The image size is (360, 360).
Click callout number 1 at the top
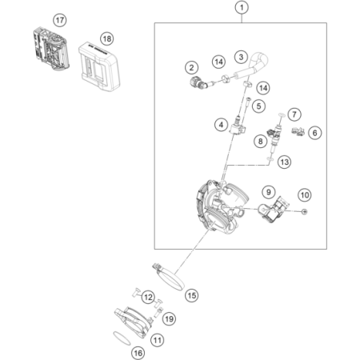(242, 7)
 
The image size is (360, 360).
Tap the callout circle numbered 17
(60, 20)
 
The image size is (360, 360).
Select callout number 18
(107, 39)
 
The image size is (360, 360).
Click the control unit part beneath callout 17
(51, 49)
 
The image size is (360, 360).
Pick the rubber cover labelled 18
(99, 66)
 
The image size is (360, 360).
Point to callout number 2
(191, 67)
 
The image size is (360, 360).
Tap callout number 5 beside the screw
(258, 106)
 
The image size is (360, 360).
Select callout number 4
(221, 125)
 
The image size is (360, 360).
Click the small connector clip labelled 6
(298, 131)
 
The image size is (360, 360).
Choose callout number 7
(294, 114)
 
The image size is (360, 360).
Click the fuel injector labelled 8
(274, 137)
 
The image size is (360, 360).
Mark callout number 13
(284, 162)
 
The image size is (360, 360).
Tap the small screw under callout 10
(304, 211)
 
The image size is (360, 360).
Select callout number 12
(148, 297)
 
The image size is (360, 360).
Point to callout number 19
(170, 318)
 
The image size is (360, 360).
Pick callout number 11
(157, 340)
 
